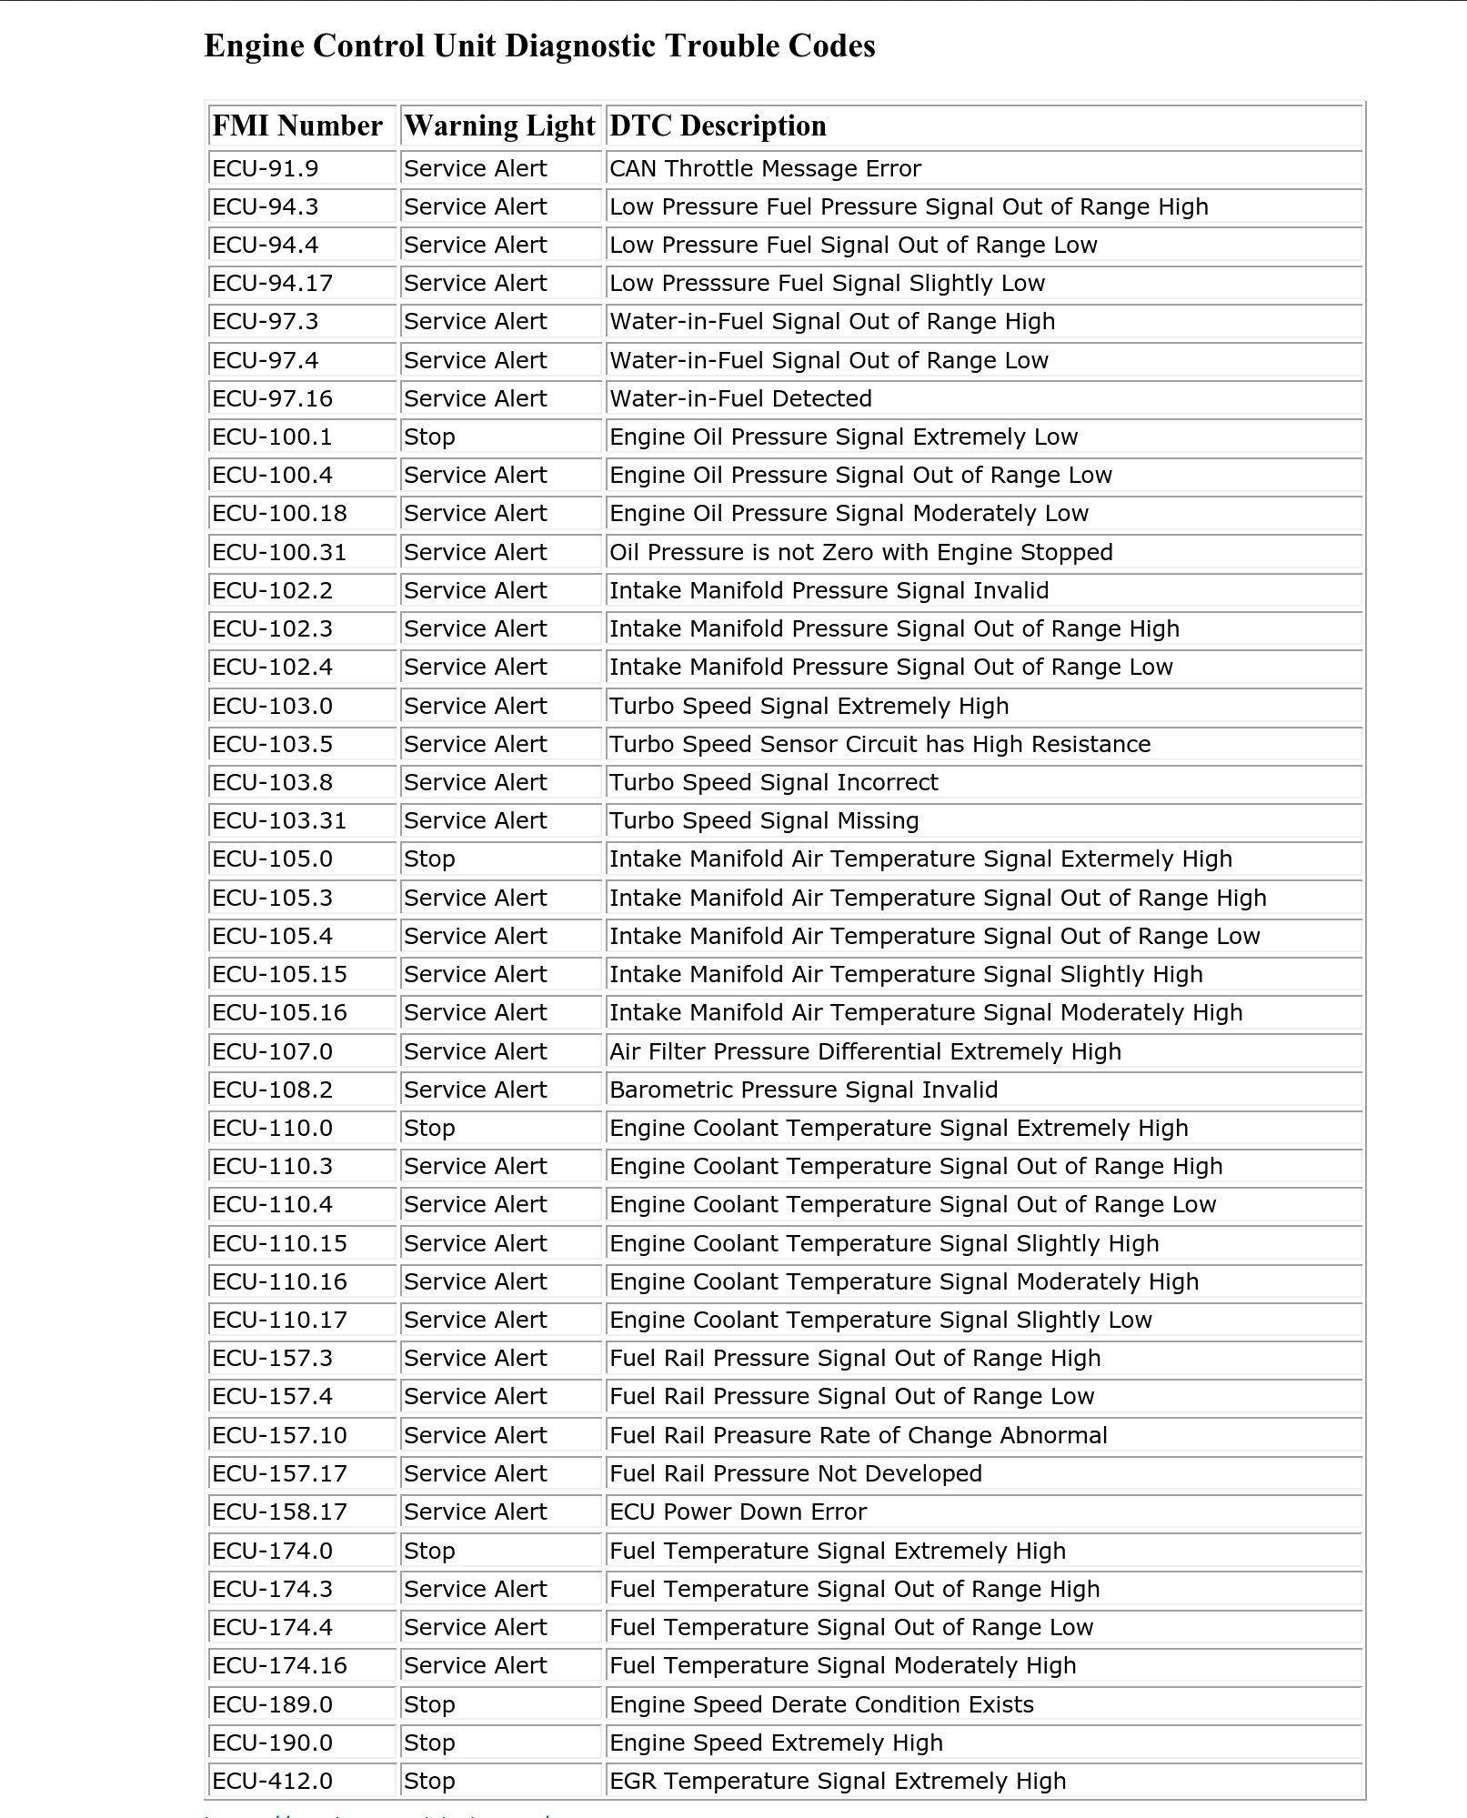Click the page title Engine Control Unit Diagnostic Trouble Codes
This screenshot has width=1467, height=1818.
(x=539, y=45)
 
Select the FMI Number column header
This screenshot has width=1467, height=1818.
(x=297, y=126)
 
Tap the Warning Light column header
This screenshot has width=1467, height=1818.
(x=499, y=126)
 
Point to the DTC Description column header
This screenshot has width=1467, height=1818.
(x=718, y=126)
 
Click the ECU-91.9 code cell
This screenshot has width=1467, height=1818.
(x=265, y=168)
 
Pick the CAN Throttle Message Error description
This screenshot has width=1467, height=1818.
(x=765, y=168)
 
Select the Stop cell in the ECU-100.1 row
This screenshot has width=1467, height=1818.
(x=429, y=437)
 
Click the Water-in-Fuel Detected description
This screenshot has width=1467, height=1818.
(x=740, y=398)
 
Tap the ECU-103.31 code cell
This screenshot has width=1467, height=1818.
(x=279, y=820)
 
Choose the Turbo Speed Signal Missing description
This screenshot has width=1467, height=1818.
(x=764, y=820)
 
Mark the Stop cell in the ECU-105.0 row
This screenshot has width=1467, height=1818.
(x=429, y=859)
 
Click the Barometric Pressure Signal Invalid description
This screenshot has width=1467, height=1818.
(x=803, y=1090)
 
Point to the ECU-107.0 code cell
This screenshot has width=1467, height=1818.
(x=272, y=1051)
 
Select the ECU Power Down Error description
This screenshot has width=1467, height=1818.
(x=738, y=1512)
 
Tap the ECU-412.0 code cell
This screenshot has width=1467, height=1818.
(x=272, y=1781)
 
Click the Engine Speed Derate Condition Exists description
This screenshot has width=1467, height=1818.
(x=821, y=1704)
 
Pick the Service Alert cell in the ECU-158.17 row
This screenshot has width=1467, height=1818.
(x=475, y=1512)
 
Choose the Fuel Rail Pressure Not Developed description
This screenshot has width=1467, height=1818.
(x=796, y=1473)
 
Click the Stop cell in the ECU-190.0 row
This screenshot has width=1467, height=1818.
(x=429, y=1743)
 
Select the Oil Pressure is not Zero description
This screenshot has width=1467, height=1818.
(x=860, y=552)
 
